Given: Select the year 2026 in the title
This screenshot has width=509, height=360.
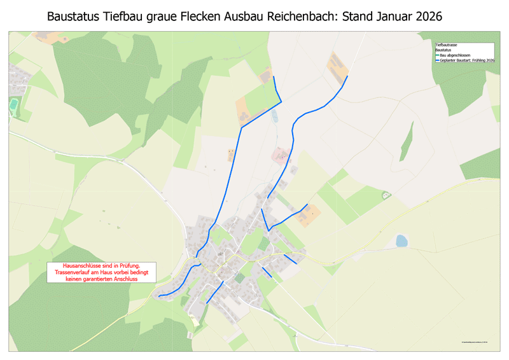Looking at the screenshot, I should pos(440,16).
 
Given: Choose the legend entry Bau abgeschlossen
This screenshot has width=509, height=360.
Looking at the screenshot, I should pos(455,55).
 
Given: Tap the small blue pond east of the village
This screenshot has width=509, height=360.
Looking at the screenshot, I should pos(401,240).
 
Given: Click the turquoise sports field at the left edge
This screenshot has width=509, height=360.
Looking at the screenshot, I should pos(13,104).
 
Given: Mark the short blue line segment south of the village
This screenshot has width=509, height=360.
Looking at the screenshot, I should pos(214,292).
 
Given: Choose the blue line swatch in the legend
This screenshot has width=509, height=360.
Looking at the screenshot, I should pos(437,60).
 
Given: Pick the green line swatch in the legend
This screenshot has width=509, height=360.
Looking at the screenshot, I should pos(437,55).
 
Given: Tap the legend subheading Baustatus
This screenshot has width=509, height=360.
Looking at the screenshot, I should pos(443,50).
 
